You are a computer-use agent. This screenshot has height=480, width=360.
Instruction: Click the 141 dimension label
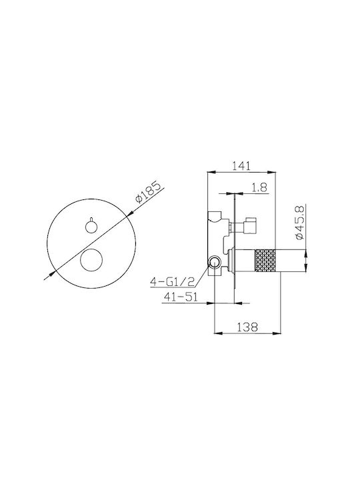pos(241,165)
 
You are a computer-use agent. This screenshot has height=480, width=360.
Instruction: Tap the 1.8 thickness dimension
pos(259,187)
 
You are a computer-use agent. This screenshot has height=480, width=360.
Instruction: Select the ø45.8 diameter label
pos(299,222)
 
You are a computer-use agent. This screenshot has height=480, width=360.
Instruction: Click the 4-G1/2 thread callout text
pos(173,281)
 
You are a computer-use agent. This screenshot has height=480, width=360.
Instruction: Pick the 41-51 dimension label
pos(181,297)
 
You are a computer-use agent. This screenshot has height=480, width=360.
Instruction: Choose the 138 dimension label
pos(247,327)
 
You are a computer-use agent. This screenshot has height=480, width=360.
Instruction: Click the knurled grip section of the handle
pos(265,261)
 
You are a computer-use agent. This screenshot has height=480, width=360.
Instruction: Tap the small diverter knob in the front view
pos(91,226)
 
